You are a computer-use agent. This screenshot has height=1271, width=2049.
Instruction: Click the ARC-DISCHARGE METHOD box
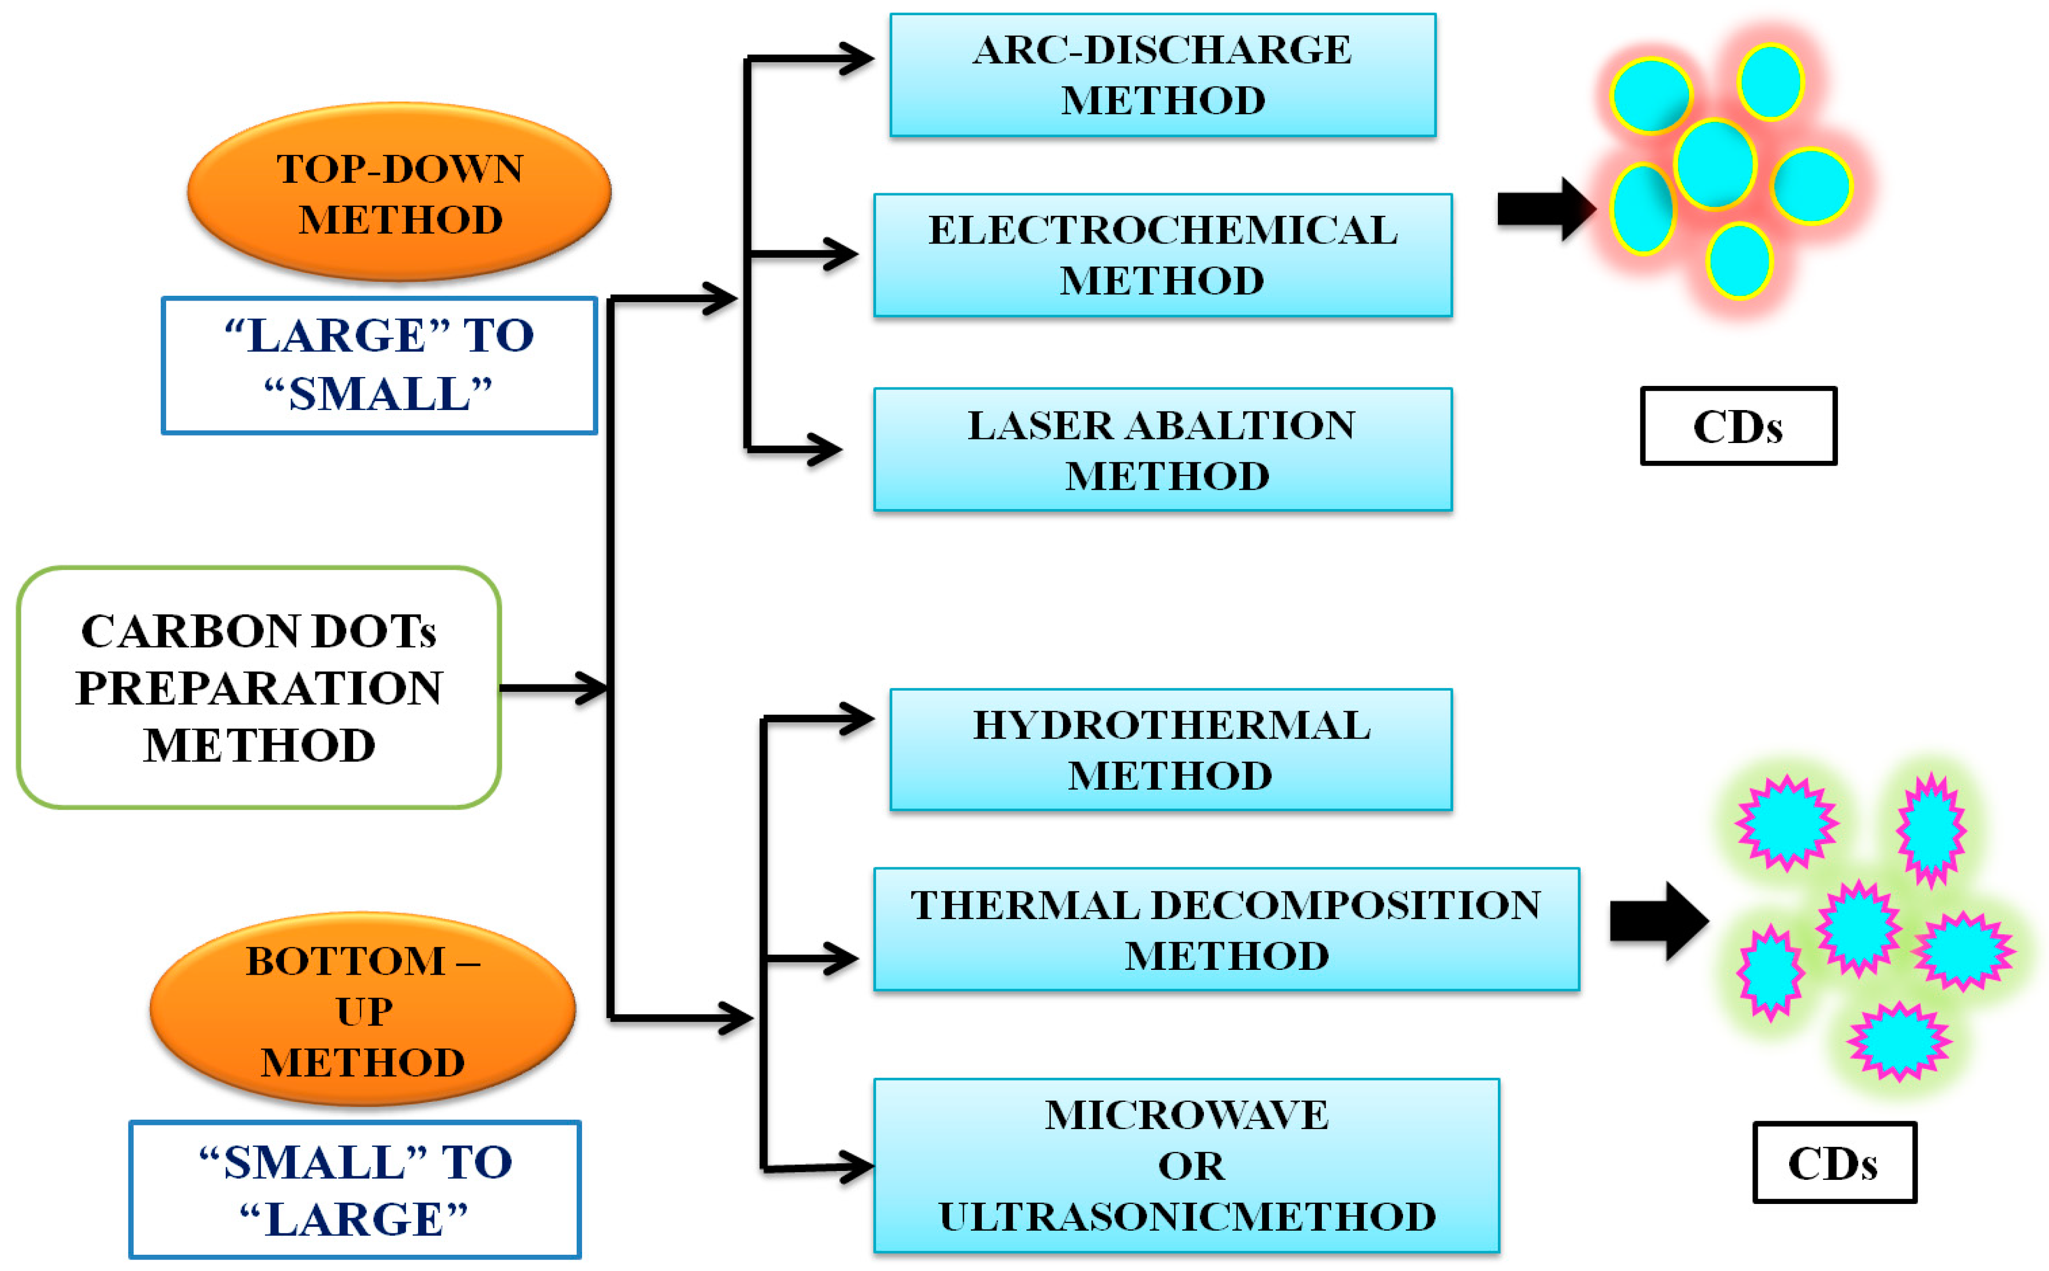[x=1162, y=75]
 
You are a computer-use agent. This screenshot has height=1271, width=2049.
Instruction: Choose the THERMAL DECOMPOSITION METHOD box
[x=1226, y=929]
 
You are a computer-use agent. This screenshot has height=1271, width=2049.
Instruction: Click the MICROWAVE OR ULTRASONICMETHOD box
[x=1186, y=1165]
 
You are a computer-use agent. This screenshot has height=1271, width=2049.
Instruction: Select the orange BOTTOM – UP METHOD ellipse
[x=363, y=1009]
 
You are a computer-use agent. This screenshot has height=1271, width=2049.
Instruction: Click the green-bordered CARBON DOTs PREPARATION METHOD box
[x=259, y=688]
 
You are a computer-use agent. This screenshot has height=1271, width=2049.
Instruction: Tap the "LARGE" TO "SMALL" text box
[x=379, y=365]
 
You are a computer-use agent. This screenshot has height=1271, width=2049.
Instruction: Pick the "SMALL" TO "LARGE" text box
[x=355, y=1189]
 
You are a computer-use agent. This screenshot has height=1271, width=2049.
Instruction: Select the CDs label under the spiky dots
[x=1834, y=1163]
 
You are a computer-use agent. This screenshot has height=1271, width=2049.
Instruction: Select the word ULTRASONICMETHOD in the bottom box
[x=1186, y=1217]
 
